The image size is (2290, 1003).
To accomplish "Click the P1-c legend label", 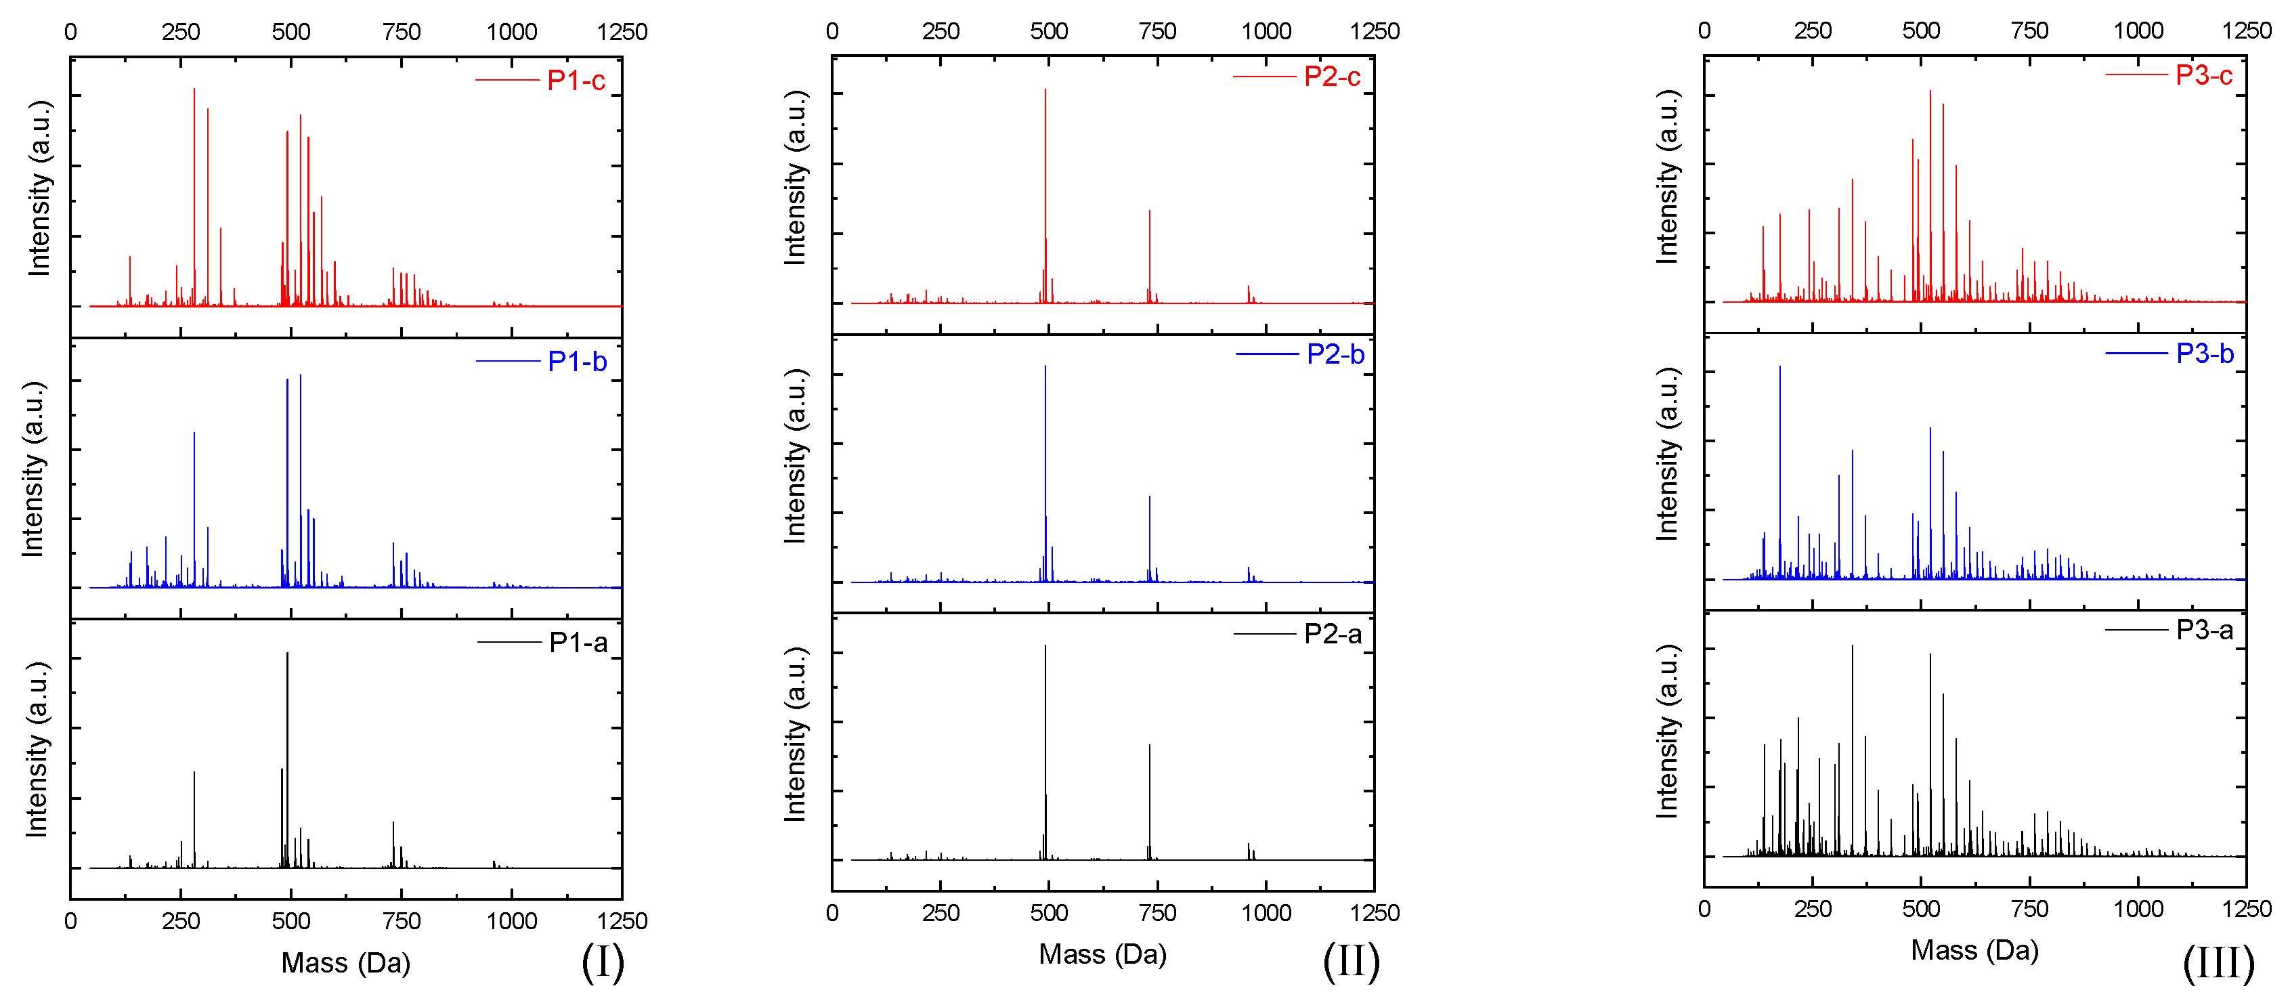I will (x=576, y=81).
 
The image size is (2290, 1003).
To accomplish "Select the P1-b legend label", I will (x=577, y=362).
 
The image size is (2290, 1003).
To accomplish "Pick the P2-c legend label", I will (x=1332, y=77).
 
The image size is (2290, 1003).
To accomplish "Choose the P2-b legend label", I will (x=1335, y=355).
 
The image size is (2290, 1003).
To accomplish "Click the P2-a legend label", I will (x=1333, y=634).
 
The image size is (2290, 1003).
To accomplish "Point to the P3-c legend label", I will (x=2204, y=76).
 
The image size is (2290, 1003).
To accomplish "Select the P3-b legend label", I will (x=2205, y=354).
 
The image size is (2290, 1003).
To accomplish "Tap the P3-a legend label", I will (x=2205, y=631).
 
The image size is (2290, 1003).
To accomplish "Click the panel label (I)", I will (x=603, y=962).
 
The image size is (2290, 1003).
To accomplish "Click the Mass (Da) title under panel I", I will (x=346, y=963).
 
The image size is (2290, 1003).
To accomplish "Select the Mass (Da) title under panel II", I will (x=1102, y=954).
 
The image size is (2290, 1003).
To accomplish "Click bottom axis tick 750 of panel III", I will (x=2029, y=909).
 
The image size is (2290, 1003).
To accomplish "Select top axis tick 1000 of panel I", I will (x=511, y=32).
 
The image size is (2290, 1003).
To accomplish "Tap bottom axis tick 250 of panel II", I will (x=941, y=913).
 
